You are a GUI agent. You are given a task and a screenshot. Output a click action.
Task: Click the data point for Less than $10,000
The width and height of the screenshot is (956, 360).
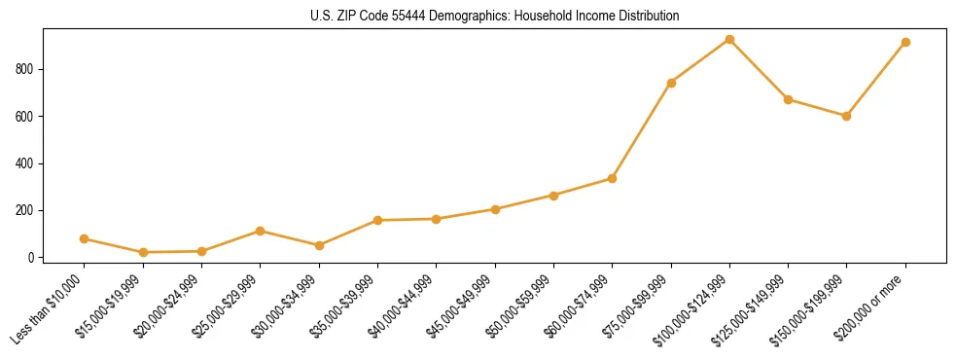coord(85,238)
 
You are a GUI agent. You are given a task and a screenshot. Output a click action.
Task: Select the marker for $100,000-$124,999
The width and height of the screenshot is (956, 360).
coord(729,40)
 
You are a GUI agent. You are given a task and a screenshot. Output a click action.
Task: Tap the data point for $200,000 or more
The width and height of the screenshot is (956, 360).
coord(905,43)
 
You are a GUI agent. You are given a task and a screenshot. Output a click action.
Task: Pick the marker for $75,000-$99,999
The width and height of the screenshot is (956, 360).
coord(671,83)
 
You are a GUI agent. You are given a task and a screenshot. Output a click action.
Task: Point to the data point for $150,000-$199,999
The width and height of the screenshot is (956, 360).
coord(846,116)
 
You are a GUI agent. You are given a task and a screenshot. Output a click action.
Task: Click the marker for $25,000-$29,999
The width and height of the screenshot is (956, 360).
coord(260,231)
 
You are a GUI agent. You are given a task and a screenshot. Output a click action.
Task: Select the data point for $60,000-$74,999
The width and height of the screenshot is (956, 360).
coord(612,178)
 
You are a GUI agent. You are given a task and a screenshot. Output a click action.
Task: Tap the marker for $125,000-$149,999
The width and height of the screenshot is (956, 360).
coord(788,99)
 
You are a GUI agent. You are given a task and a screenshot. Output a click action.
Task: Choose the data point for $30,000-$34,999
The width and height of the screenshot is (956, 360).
coord(319,245)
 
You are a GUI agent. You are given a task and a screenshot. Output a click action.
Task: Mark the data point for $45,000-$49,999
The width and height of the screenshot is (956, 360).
coord(495,209)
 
